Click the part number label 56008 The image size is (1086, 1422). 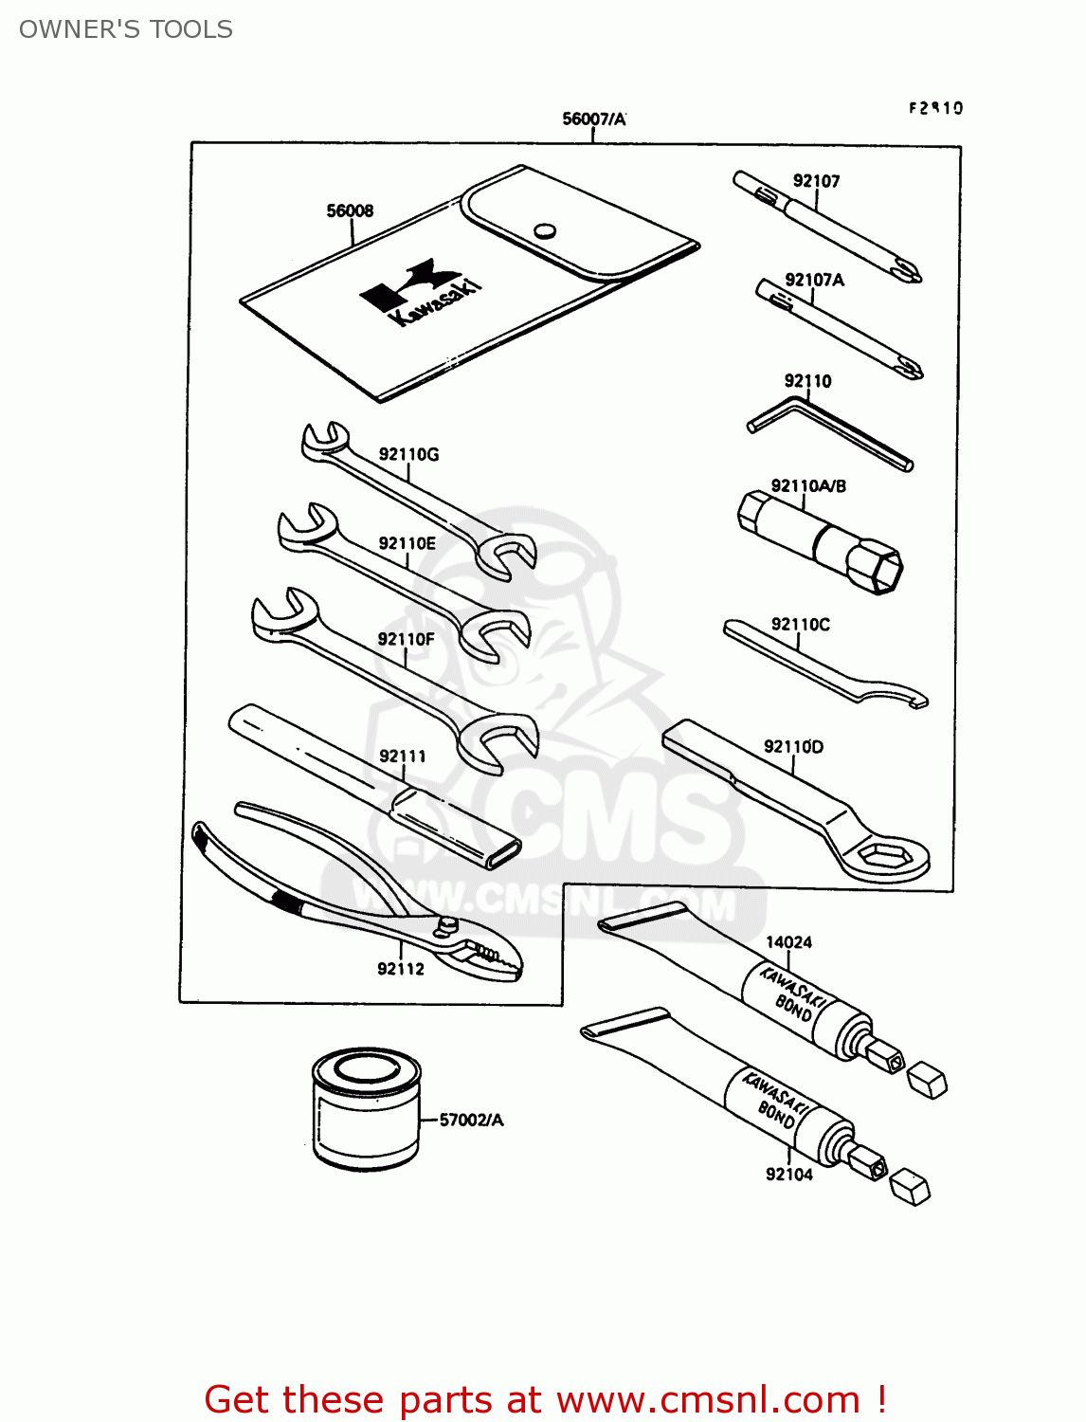click(x=350, y=210)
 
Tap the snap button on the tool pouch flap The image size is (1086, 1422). click(x=544, y=230)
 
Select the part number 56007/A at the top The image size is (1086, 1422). click(x=593, y=118)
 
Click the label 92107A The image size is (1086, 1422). click(x=814, y=280)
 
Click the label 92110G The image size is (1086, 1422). click(x=408, y=454)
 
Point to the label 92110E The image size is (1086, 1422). click(x=407, y=543)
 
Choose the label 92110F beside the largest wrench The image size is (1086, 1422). click(x=406, y=639)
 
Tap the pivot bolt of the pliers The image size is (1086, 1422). click(x=446, y=924)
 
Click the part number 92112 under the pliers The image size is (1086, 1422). click(x=401, y=968)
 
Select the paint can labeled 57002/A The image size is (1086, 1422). click(x=366, y=1108)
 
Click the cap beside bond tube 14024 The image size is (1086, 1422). click(x=927, y=1081)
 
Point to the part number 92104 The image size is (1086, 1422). click(x=788, y=1175)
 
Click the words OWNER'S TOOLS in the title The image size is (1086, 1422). click(x=126, y=29)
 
